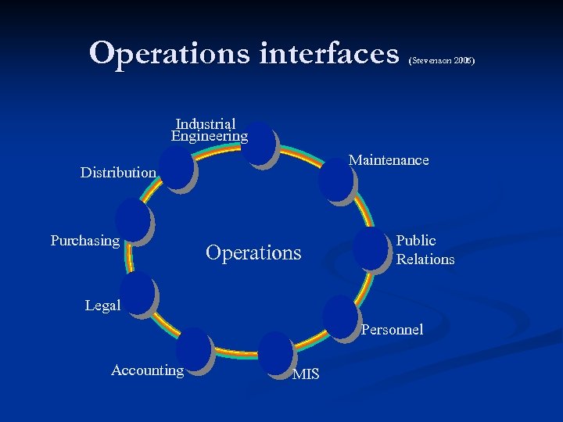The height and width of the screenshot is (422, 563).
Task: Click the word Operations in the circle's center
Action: [x=253, y=252]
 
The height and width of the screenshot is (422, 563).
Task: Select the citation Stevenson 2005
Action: [x=441, y=60]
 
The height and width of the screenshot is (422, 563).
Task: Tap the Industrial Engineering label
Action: [x=208, y=130]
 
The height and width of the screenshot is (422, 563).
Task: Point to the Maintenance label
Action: [x=389, y=160]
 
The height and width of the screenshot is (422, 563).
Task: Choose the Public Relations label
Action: [x=425, y=249]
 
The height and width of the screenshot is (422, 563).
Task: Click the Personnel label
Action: [x=392, y=330]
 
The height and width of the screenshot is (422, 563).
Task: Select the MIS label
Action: [x=306, y=374]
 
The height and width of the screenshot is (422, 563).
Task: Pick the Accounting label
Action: [x=147, y=370]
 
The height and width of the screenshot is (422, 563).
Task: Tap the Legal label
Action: [x=102, y=306]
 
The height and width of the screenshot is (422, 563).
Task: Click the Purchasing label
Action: [x=85, y=241]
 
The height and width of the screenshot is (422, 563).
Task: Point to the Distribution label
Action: [x=118, y=172]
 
